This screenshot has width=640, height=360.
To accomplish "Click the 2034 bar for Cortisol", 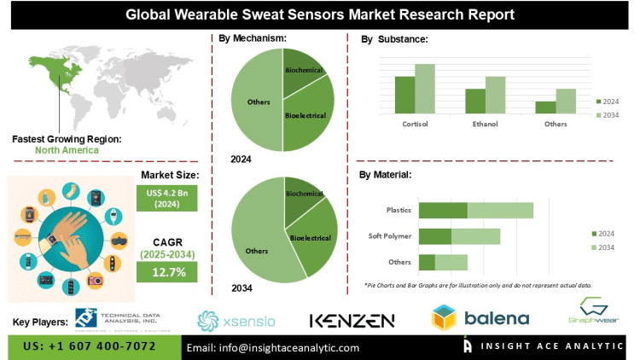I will (425, 89).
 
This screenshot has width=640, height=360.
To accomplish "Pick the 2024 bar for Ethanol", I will (474, 101).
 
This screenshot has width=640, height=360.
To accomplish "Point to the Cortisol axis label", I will (415, 124).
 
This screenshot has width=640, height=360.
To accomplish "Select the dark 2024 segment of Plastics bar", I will (443, 210).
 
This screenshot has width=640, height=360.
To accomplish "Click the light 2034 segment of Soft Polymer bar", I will (475, 236).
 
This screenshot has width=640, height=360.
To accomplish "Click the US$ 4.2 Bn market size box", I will (166, 199).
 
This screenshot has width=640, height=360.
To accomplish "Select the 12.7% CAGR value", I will (166, 272).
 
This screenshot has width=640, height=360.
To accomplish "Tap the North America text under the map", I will (67, 150).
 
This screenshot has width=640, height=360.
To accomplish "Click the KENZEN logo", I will (352, 321).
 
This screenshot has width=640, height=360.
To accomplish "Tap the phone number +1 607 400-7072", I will (90, 347).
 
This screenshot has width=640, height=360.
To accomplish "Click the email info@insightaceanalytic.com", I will (273, 347).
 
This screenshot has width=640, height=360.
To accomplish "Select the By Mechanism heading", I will (253, 38).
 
